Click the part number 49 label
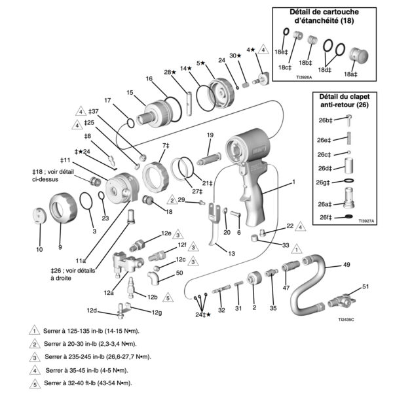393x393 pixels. (346, 265)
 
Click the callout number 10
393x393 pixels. (39, 249)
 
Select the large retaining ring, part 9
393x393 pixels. (63, 209)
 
